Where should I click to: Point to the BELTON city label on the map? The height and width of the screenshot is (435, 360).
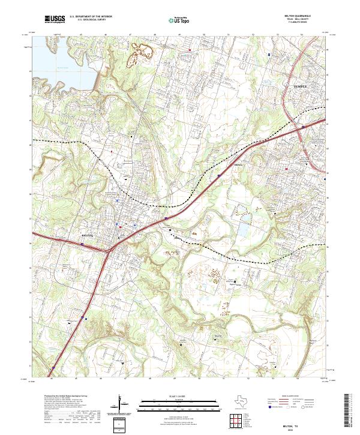click(x=89, y=236)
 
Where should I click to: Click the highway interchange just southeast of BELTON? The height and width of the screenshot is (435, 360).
click(x=112, y=245)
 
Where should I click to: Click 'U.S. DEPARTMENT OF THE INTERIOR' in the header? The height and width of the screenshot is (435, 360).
click(x=91, y=17)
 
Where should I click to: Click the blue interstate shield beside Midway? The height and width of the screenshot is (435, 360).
click(x=220, y=175)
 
